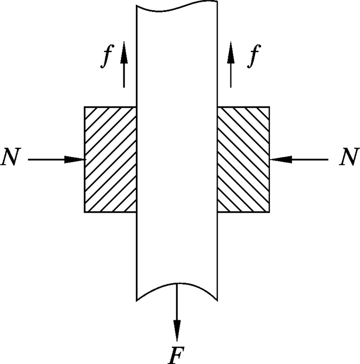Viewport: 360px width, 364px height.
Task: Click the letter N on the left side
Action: click(x=12, y=159)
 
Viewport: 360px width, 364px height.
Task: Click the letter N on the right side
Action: click(x=348, y=159)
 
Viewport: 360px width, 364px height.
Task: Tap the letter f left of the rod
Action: click(x=106, y=59)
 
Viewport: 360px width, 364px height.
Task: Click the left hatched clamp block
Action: click(x=111, y=160)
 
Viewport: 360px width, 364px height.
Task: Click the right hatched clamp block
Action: click(x=243, y=160)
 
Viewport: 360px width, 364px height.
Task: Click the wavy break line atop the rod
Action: click(x=177, y=8)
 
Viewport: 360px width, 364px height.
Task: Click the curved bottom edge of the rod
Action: click(x=177, y=286)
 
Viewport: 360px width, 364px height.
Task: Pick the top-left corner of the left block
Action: click(x=85, y=107)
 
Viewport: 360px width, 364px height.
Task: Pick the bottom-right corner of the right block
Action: click(x=269, y=212)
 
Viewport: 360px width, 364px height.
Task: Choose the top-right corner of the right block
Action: click(x=269, y=107)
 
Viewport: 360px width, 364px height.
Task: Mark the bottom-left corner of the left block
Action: click(x=85, y=212)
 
